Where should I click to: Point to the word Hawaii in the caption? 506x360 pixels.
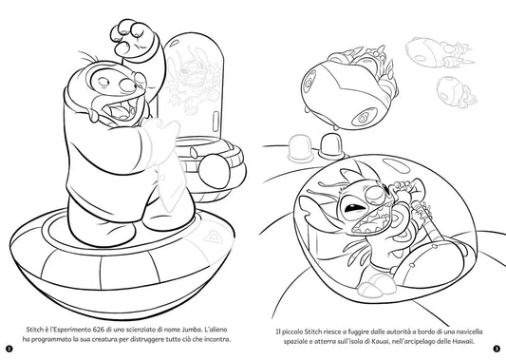click(463, 342)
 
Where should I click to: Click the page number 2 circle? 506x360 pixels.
click(9, 349)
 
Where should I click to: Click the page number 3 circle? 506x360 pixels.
click(497, 349)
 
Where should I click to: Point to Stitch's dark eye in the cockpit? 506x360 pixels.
click(353, 208)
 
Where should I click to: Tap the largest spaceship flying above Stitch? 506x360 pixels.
click(348, 88)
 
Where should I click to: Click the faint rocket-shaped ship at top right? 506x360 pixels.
click(439, 53)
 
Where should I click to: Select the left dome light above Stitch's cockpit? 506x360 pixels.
click(300, 148)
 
